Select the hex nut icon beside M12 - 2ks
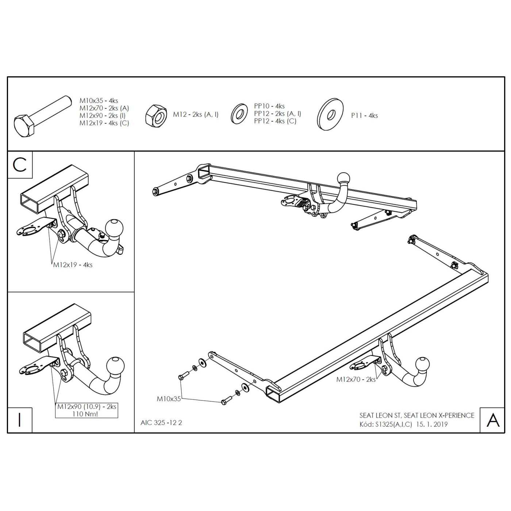pyautogui.click(x=156, y=116)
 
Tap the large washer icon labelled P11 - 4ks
pyautogui.click(x=330, y=115)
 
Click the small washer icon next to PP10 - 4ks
pyautogui.click(x=239, y=114)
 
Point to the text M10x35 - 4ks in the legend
pyautogui.click(x=99, y=100)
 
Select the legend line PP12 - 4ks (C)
pyautogui.click(x=275, y=121)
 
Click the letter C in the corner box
pyautogui.click(x=20, y=165)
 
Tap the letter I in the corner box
pyautogui.click(x=19, y=420)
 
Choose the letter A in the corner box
pyautogui.click(x=493, y=420)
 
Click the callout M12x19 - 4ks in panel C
pyautogui.click(x=73, y=265)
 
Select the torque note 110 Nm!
pyautogui.click(x=85, y=414)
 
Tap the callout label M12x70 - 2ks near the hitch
pyautogui.click(x=356, y=380)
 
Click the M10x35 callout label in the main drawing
pyautogui.click(x=169, y=399)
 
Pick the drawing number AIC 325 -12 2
pyautogui.click(x=161, y=423)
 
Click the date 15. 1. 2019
pyautogui.click(x=432, y=424)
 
